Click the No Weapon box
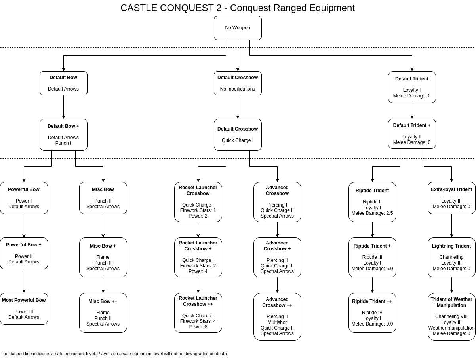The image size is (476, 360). point(238,28)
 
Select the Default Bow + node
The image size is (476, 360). point(63,135)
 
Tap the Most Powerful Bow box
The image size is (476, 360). point(24,309)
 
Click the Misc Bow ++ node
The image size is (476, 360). point(103,313)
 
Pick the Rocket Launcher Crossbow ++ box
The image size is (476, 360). point(198,313)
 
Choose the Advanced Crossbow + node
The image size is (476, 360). point(277,257)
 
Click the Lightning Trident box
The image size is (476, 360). point(451,257)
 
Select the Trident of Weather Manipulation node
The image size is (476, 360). point(451,316)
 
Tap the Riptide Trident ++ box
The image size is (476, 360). point(372,313)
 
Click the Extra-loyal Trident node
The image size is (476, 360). point(451,198)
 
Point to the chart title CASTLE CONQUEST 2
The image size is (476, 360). point(238,8)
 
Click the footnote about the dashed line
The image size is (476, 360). point(114,354)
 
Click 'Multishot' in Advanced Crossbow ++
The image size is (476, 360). point(277,322)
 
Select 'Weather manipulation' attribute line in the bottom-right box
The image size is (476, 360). point(451,328)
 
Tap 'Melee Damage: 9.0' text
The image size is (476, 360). point(372,324)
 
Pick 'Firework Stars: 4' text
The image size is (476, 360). point(198,321)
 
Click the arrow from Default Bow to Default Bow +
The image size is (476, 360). point(63,107)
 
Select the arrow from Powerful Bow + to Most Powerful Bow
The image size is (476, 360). point(24,281)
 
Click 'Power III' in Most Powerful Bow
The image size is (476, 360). point(24,312)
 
